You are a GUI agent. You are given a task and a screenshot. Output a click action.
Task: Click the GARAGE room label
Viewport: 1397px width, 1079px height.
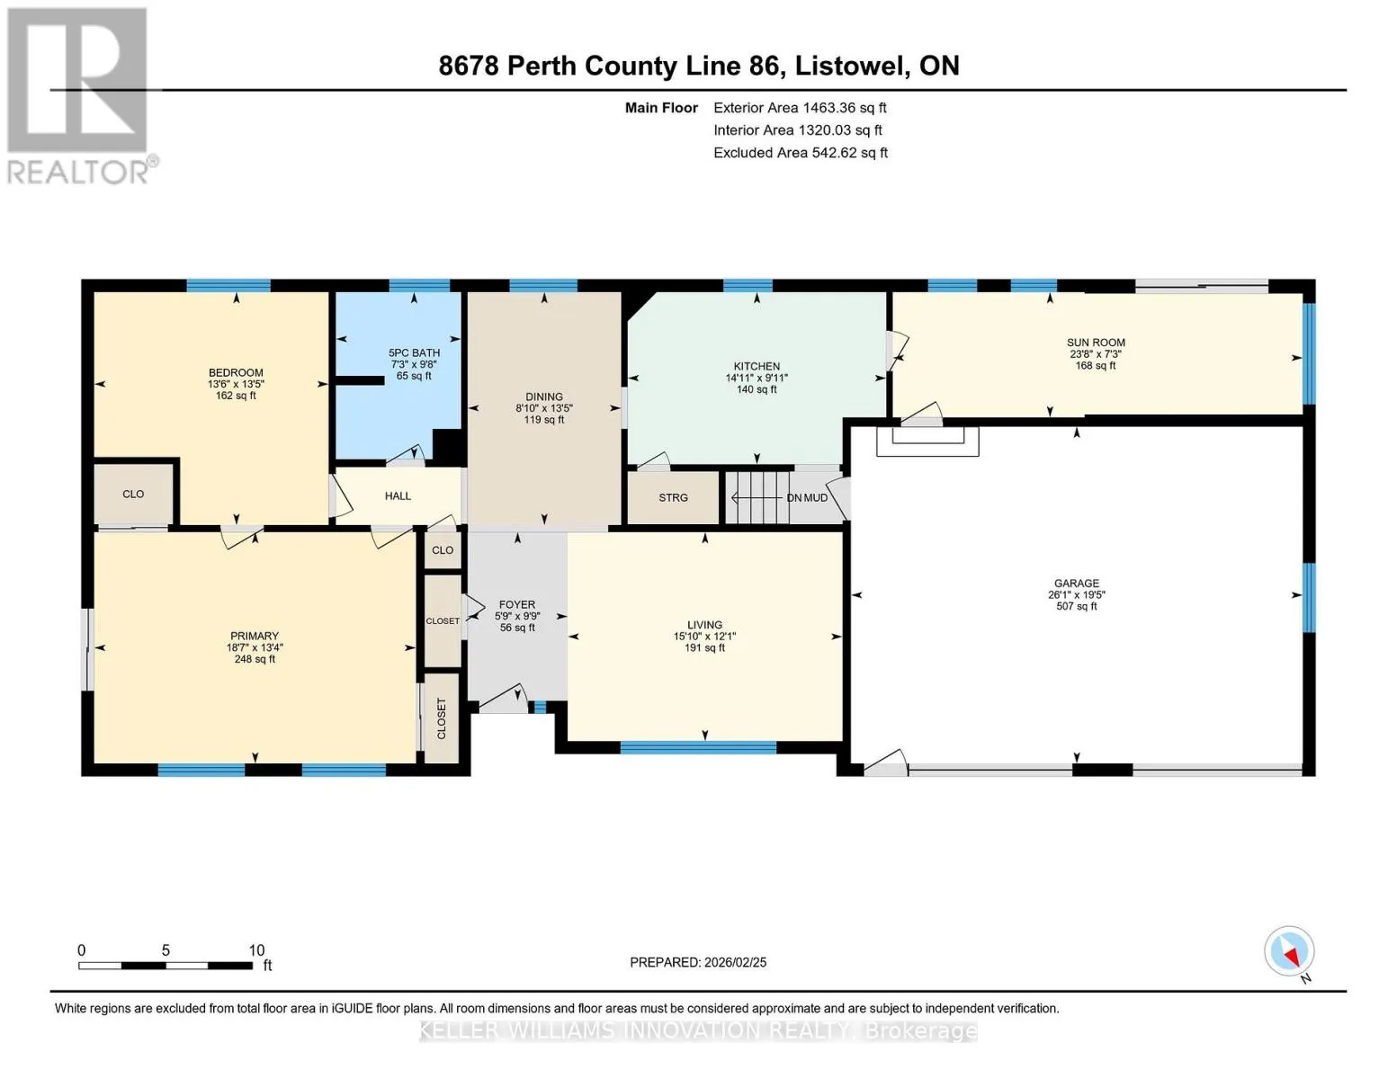1076,584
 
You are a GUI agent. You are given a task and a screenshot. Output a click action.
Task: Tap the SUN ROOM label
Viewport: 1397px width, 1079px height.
1096,343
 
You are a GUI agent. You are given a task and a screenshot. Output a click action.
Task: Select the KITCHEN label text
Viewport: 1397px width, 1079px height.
757,366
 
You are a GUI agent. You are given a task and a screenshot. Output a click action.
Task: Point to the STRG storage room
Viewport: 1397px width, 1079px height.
673,498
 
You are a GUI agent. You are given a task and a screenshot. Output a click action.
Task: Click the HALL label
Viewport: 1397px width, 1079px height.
398,496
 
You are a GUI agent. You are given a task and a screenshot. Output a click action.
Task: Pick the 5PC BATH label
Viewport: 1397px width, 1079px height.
414,352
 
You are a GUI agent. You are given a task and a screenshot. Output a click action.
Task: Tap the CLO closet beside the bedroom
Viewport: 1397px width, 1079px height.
134,494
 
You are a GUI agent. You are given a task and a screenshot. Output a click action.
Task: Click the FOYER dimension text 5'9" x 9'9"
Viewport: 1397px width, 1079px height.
517,616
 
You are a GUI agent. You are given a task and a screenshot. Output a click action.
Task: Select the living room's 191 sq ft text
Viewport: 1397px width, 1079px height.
704,647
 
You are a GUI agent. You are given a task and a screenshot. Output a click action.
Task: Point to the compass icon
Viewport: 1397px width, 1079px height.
1289,951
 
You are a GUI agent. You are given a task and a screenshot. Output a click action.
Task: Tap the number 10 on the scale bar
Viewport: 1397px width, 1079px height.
256,950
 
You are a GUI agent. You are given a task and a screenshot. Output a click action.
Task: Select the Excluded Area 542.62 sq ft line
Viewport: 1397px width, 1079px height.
801,153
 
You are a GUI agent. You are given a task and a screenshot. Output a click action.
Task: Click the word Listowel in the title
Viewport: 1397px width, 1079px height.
851,67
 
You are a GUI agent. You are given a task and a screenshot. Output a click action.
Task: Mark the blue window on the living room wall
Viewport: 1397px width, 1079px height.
698,747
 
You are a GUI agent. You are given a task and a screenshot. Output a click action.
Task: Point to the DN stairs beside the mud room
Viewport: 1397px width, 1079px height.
757,498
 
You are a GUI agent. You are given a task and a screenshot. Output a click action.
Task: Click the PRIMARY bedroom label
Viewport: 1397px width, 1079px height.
255,636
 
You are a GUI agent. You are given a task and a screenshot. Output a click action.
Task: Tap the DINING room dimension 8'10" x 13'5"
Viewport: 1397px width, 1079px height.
544,408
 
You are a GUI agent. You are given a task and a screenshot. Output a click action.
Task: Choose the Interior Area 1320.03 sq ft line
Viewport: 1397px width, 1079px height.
798,130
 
